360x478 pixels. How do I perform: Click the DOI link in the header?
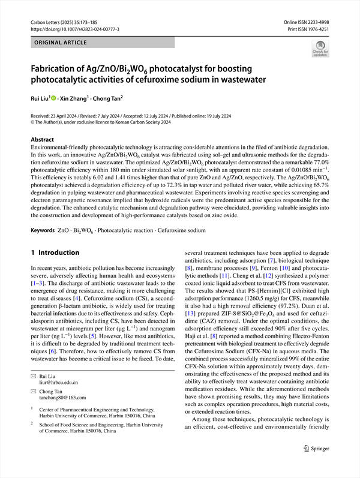(74, 28)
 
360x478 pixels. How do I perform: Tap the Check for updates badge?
(320, 48)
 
